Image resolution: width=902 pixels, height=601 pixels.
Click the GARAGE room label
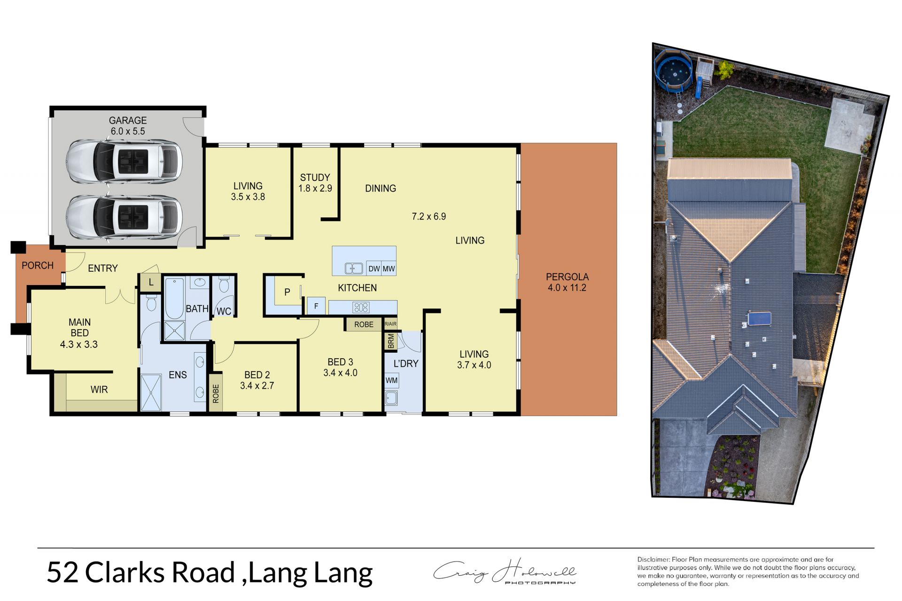[128, 120]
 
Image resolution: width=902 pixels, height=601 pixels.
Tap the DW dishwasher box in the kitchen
[374, 268]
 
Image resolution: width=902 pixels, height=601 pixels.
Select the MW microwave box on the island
[389, 268]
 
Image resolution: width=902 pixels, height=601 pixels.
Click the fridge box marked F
[316, 306]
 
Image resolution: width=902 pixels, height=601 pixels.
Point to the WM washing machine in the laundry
[391, 380]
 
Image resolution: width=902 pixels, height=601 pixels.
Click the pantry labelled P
[287, 292]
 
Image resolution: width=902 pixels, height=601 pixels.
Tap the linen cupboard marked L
[151, 282]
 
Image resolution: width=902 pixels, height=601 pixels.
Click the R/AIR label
[390, 324]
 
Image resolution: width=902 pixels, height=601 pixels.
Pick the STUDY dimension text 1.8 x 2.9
[315, 188]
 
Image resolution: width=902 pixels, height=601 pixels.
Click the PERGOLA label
[567, 277]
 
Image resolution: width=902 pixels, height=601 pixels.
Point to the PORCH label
[38, 265]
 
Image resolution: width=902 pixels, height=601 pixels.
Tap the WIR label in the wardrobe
[99, 389]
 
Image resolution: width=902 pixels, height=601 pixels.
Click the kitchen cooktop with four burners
[361, 308]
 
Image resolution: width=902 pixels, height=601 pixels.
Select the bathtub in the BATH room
[174, 299]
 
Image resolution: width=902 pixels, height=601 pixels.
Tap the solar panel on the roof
[759, 318]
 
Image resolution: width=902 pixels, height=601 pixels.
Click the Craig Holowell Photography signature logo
[505, 572]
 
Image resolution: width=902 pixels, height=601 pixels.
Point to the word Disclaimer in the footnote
[653, 559]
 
